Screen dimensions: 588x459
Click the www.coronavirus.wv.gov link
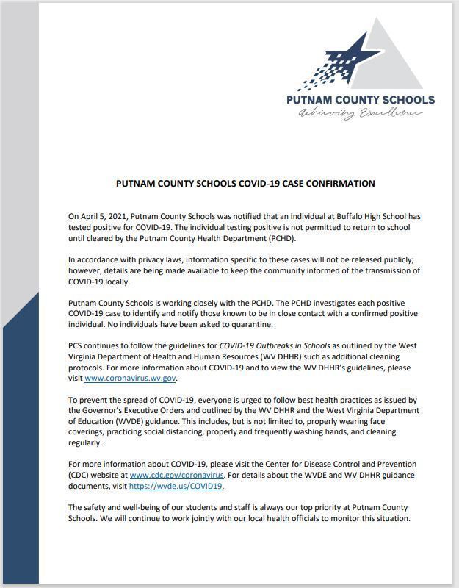coord(131,379)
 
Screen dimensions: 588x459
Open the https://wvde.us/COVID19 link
coord(176,486)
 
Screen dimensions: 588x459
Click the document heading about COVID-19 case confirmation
coord(245,184)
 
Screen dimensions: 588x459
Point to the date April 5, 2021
coord(99,216)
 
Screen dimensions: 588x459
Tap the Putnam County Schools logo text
coord(361,99)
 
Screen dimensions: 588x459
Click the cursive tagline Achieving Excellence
coord(361,114)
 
